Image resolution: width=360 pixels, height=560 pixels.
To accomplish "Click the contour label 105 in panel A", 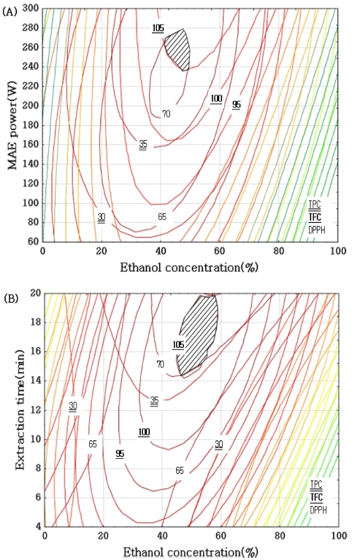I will [158, 28].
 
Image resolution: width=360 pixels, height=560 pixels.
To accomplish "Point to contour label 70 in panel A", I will [166, 114].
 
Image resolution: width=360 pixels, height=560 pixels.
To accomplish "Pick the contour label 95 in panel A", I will [236, 105].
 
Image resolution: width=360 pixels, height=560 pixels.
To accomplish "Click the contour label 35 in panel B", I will [154, 400].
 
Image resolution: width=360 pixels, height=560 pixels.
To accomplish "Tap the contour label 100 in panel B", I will [144, 432].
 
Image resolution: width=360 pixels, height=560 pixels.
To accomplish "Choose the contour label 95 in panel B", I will [120, 453].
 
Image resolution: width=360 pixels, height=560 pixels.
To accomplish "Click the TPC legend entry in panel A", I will [315, 204].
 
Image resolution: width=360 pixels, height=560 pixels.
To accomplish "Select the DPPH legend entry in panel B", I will [319, 508].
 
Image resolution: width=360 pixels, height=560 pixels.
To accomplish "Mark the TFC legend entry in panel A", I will [315, 217].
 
